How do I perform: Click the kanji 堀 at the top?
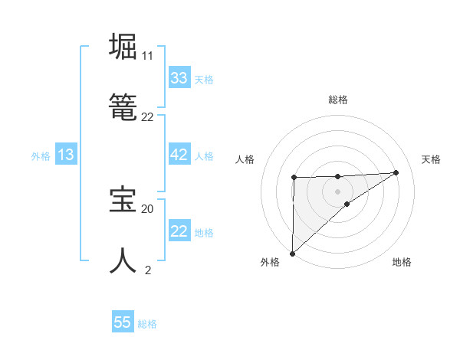[123, 47]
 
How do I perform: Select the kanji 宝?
[123, 199]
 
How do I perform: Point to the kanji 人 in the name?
[123, 260]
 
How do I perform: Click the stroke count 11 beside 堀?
[147, 56]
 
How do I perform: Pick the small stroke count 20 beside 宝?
[147, 208]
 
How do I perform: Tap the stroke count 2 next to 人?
[148, 270]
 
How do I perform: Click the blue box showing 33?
[179, 78]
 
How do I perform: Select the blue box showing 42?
[179, 155]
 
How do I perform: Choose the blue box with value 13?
[66, 155]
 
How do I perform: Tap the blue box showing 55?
[123, 322]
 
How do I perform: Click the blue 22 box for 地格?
[179, 231]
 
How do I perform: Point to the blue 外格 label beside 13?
[41, 155]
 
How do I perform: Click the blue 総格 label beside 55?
[147, 324]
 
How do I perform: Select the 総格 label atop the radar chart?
[338, 100]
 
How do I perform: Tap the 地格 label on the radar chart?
[402, 262]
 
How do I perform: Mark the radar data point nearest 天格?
[396, 172]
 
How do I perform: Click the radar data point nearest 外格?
[292, 253]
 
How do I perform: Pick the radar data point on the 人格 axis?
[294, 178]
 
